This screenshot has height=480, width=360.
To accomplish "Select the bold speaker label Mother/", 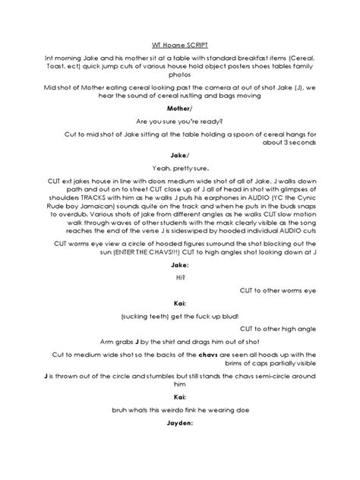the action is tap(180, 108).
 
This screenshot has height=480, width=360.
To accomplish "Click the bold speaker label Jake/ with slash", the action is tap(180, 155).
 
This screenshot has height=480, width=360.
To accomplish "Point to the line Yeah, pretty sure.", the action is tap(180, 169).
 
